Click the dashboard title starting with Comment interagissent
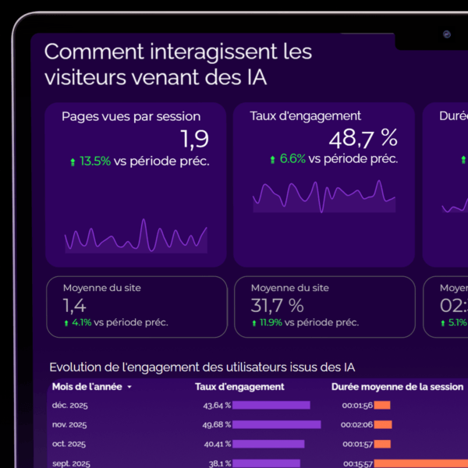coord(178,65)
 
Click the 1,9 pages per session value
coord(194,139)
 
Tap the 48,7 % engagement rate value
coord(363,139)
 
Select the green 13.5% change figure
coord(95,161)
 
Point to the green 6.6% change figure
coord(292,158)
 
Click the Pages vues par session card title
coord(131,116)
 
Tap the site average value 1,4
coord(75,305)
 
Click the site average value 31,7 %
coord(277,305)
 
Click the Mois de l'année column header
coord(87,386)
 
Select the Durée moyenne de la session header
coord(397,386)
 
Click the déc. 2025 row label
coord(69,406)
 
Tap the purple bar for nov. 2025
coord(276,424)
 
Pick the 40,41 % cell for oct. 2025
coord(217,444)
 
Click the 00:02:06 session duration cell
coord(357,424)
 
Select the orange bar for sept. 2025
coord(420,463)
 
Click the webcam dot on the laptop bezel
coord(447,34)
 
